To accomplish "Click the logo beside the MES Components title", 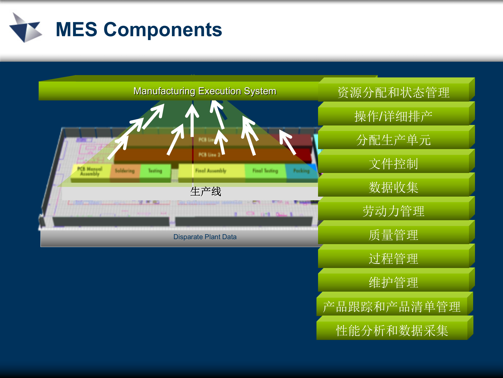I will tap(26, 28).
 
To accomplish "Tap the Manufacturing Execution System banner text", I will tap(205, 91).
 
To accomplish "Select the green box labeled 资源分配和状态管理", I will tap(393, 92).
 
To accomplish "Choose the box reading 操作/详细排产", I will tap(393, 116).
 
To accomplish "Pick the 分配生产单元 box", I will tap(393, 140).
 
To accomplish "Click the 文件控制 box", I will tap(393, 164).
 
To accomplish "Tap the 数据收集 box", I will tap(393, 187).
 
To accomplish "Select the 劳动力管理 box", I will tap(393, 211).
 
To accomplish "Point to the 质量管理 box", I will tap(393, 235).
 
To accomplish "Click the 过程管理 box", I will tap(393, 259).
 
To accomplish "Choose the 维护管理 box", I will tap(393, 282).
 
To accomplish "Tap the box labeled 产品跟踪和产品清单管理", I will tap(392, 307).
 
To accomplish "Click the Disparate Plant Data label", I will tap(205, 237).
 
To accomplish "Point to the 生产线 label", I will tap(206, 192).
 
